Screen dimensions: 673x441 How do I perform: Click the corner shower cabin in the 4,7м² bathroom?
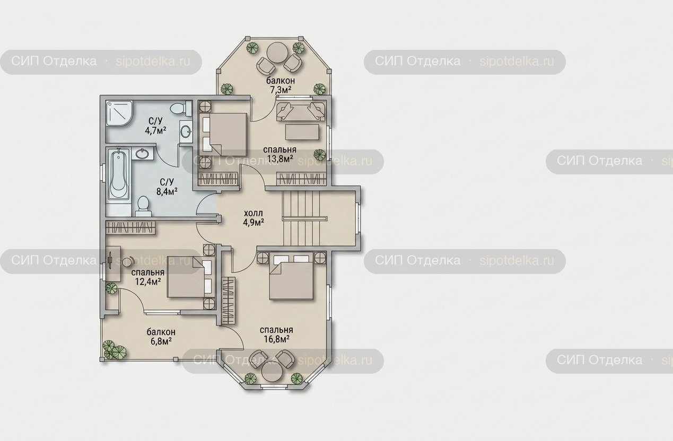pos(119,113)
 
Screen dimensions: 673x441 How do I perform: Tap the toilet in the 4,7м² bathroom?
pos(180,108)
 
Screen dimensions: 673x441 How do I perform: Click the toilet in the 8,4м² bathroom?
pos(143,206)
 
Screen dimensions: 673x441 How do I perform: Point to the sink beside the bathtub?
pos(142,154)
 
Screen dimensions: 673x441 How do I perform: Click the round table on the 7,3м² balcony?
pos(277,52)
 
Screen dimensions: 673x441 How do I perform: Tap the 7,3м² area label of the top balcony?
pos(281,89)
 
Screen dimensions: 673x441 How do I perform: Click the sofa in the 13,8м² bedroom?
pos(301,111)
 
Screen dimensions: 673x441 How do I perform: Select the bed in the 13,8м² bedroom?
pos(225,133)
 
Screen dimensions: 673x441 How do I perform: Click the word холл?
pos(254,213)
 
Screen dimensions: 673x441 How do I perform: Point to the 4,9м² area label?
pos(254,222)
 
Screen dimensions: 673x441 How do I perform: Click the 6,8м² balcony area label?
pos(161,341)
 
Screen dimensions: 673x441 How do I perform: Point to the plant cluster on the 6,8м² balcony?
pos(114,350)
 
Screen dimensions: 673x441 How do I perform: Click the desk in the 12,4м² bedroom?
pos(113,264)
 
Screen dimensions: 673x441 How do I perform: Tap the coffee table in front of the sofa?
pos(302,133)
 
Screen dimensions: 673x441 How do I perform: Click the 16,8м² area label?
pos(276,339)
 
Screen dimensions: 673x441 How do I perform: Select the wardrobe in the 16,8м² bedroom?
pos(229,301)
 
